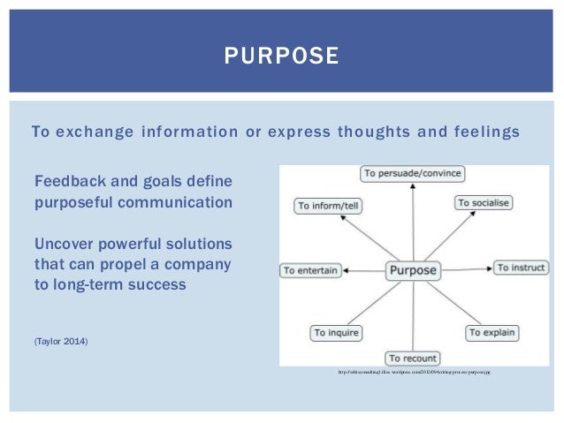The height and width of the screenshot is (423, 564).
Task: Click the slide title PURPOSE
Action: click(281, 57)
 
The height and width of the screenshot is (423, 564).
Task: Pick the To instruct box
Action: click(521, 267)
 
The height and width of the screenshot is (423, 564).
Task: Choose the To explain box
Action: click(492, 332)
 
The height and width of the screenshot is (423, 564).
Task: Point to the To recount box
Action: click(413, 358)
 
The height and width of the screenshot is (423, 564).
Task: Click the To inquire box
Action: click(336, 333)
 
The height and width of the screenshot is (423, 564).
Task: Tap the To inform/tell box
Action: click(329, 205)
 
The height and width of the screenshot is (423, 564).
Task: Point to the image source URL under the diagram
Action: click(414, 374)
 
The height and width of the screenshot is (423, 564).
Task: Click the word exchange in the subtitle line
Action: click(93, 132)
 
